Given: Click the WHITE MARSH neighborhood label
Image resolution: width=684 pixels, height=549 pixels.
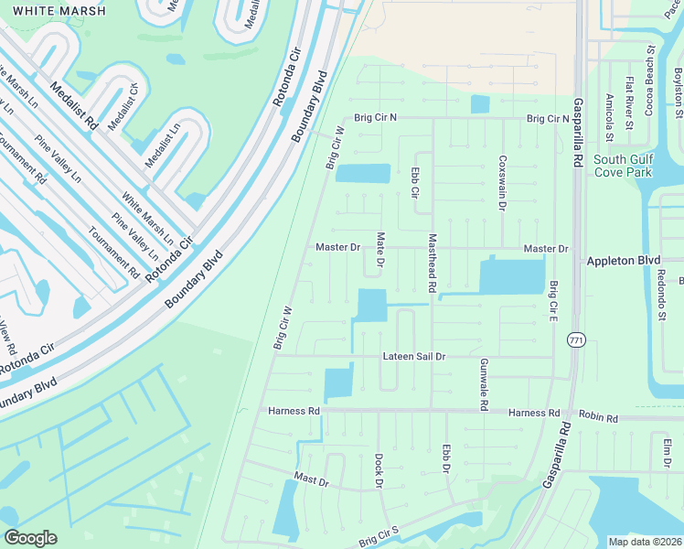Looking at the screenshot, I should click(53, 11).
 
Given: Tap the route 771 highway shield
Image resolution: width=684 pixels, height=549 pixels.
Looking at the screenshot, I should click(575, 339).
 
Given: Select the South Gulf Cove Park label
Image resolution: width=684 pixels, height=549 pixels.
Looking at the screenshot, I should click(623, 165).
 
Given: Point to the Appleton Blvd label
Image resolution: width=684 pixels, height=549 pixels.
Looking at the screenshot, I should click(623, 261).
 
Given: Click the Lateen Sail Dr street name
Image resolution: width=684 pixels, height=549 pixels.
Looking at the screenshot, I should click(413, 356).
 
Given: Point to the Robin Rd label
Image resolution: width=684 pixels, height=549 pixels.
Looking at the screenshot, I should click(599, 418).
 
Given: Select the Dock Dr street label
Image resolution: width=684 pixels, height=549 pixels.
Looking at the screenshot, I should click(378, 469).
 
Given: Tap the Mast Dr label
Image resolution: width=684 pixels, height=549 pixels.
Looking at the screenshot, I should click(311, 479).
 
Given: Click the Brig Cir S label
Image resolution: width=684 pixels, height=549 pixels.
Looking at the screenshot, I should click(379, 537).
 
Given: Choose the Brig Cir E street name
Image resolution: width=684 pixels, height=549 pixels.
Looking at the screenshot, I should click(553, 301).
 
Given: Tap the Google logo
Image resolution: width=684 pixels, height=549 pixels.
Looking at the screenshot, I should click(30, 537).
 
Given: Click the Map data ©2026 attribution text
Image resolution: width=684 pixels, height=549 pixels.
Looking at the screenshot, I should click(644, 542).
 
